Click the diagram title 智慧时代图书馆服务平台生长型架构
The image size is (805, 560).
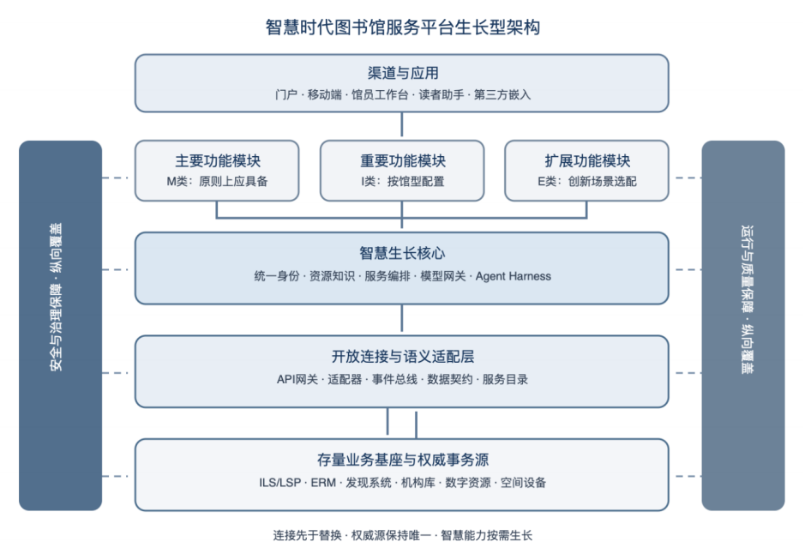[403, 27]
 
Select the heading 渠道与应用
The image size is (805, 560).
[403, 73]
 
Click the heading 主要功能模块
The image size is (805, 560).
[218, 161]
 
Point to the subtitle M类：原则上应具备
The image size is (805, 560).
[217, 181]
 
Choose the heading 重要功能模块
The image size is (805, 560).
[403, 161]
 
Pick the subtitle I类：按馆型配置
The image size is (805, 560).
[403, 181]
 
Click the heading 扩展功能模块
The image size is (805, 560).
[587, 161]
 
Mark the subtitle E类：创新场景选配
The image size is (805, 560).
[587, 181]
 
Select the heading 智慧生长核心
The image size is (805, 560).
[403, 253]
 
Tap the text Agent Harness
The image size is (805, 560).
[514, 276]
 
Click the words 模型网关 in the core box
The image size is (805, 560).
[442, 276]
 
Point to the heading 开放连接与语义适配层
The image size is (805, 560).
[403, 356]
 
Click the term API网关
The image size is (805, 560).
[297, 379]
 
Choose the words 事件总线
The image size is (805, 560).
[394, 379]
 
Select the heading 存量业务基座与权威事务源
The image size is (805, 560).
[403, 460]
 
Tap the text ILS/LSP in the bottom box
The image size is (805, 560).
[279, 483]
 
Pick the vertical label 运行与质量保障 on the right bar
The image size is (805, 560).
[747, 269]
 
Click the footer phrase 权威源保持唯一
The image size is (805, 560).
[391, 535]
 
